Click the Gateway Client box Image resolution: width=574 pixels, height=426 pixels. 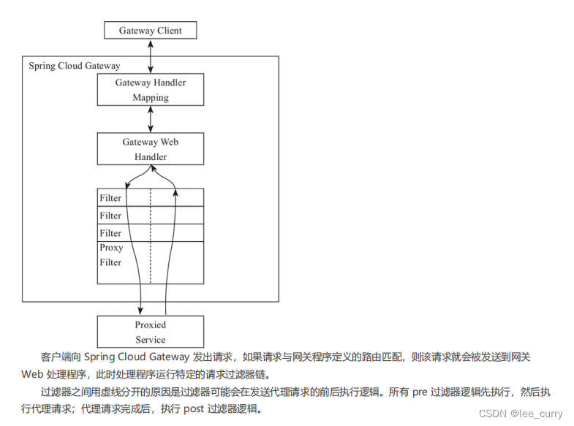[x=151, y=31]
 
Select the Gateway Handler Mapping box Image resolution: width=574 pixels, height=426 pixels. [x=151, y=90]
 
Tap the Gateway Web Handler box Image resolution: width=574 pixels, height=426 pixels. [x=151, y=149]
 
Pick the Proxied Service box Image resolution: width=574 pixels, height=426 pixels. [x=151, y=332]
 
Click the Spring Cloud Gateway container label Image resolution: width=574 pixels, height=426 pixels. [x=74, y=66]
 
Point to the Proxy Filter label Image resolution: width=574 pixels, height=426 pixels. [x=111, y=255]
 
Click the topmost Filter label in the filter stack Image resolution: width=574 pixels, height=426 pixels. [x=110, y=198]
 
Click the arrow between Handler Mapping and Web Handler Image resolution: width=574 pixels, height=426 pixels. [x=151, y=119]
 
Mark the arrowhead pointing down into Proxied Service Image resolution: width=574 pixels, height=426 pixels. [x=140, y=310]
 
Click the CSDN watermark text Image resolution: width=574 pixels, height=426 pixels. [x=494, y=414]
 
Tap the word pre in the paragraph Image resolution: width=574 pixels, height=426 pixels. [x=420, y=392]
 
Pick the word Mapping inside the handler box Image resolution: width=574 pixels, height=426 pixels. [x=151, y=98]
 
